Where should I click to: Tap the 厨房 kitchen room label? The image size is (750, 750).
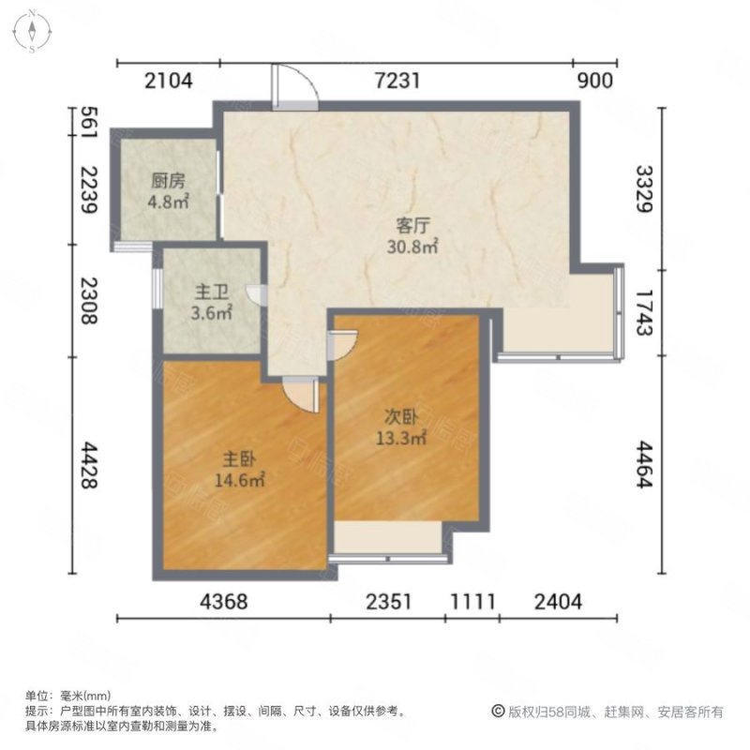pos(170,182)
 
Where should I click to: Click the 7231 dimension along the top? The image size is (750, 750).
pos(398,81)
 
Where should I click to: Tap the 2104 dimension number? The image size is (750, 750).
pos(169,81)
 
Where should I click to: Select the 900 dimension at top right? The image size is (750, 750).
pos(595,81)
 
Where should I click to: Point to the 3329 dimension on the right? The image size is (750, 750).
pos(643,188)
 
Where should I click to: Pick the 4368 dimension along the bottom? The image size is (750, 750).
pos(223,602)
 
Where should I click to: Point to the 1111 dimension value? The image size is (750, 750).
pos(472,602)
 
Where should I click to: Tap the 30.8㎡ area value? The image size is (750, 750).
pos(412,247)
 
